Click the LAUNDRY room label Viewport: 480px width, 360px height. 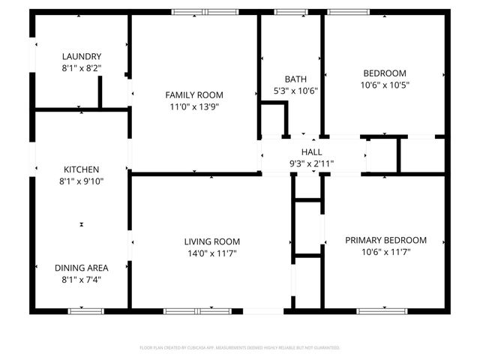(x=82, y=56)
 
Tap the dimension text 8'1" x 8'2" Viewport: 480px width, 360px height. (x=82, y=67)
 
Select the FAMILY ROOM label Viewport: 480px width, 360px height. (x=194, y=94)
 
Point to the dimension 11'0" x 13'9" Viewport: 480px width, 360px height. (x=194, y=106)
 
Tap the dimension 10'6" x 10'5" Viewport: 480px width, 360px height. (x=385, y=85)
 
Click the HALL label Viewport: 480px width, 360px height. (x=312, y=151)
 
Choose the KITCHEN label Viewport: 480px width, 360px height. (x=82, y=169)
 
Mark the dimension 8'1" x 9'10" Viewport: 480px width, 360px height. (x=82, y=181)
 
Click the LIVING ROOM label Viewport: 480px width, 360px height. (x=212, y=241)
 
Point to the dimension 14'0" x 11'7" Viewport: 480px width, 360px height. (x=212, y=253)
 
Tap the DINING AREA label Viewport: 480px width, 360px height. (x=82, y=268)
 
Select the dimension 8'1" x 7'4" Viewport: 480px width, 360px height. (x=82, y=280)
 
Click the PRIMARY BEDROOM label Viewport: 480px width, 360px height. (x=385, y=240)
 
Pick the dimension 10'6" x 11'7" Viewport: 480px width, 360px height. (x=385, y=252)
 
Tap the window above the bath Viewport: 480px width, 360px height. (x=286, y=11)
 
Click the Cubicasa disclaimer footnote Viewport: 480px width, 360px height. (x=240, y=348)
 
